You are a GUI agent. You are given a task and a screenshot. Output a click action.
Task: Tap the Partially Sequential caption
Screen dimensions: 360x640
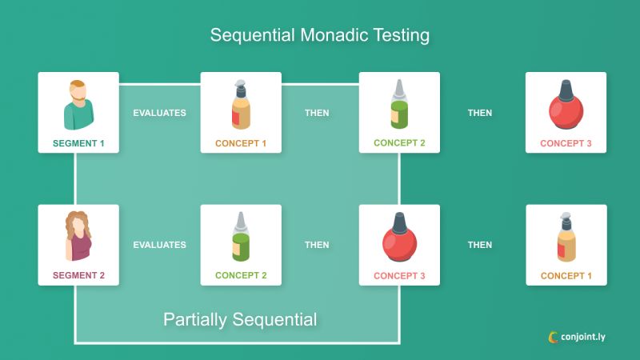click(240, 319)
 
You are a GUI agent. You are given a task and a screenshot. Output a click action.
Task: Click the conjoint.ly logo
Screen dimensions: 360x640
click(577, 337)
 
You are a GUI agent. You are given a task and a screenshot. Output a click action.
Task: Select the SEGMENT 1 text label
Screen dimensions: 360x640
click(78, 144)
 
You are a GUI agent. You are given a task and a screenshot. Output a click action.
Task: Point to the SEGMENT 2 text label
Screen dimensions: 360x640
click(78, 276)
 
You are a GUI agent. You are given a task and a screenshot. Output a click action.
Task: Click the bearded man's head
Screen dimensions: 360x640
click(78, 90)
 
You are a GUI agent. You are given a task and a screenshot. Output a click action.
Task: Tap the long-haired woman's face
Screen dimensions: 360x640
click(78, 223)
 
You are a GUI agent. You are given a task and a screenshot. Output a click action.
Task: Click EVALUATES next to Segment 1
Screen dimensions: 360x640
click(159, 113)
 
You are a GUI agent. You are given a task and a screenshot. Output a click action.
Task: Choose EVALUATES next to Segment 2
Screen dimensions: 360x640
click(159, 245)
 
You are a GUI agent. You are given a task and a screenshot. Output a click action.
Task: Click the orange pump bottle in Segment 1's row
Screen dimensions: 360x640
click(240, 106)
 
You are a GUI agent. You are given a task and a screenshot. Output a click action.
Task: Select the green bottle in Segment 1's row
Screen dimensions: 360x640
click(398, 106)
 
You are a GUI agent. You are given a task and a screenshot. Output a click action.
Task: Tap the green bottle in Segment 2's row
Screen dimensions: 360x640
click(240, 238)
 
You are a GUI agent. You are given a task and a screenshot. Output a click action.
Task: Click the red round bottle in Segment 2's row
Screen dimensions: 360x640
click(398, 239)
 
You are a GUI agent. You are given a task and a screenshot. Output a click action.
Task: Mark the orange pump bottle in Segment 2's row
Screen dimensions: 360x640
click(565, 238)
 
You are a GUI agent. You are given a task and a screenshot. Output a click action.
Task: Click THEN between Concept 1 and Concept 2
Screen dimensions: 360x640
click(317, 113)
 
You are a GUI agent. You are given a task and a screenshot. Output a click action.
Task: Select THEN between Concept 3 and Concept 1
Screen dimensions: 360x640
click(480, 245)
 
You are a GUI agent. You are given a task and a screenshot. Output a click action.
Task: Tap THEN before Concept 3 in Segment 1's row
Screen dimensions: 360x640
click(480, 113)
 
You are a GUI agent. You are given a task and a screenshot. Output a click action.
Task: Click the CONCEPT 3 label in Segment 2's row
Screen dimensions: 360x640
click(399, 276)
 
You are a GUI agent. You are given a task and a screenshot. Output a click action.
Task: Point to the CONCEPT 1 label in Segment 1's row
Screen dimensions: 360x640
click(240, 144)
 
